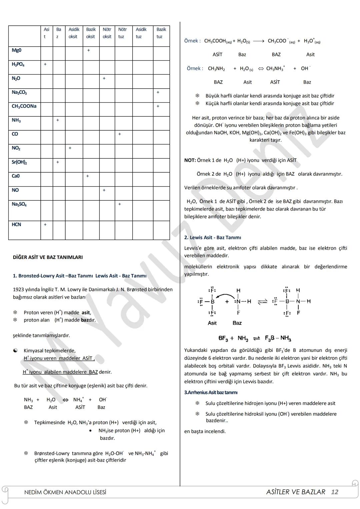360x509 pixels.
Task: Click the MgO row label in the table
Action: click(x=17, y=50)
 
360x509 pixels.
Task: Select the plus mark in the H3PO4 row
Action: click(x=45, y=64)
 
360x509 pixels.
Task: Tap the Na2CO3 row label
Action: click(x=19, y=92)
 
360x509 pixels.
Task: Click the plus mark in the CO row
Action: click(x=120, y=134)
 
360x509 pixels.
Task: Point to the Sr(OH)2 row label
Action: click(x=19, y=162)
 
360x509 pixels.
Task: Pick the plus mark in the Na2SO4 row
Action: click(x=120, y=204)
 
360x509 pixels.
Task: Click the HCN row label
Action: click(x=16, y=225)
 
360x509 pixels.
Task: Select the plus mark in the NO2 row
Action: click(x=70, y=148)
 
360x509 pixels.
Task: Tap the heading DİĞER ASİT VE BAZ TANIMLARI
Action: click(x=48, y=257)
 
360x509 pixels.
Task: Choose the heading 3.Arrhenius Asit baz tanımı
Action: click(x=211, y=393)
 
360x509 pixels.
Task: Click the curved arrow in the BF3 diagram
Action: click(x=226, y=295)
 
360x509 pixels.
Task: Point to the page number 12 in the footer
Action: click(x=335, y=492)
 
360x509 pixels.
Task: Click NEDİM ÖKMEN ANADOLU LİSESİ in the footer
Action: click(x=65, y=492)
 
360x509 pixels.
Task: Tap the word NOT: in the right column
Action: click(x=190, y=160)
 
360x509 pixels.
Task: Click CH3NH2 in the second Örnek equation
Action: click(x=216, y=69)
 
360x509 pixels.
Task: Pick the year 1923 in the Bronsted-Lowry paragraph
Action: click(x=18, y=289)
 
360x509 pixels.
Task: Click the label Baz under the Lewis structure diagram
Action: click(x=237, y=323)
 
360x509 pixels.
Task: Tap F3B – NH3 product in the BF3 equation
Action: click(x=278, y=338)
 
